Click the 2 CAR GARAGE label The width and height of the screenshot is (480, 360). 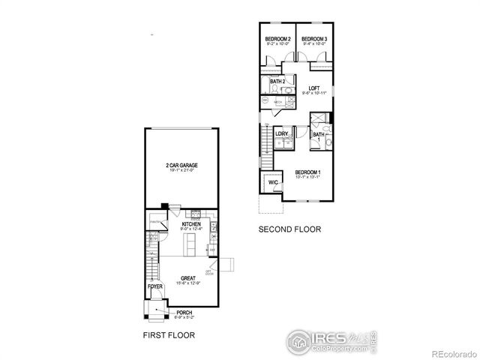(182, 165)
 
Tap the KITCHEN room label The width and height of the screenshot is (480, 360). (192, 224)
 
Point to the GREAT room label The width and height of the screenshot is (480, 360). (187, 277)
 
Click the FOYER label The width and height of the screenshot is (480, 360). (154, 286)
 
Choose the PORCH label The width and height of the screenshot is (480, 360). (184, 313)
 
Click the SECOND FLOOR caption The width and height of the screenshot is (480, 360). (290, 229)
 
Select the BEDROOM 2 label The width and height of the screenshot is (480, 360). (278, 39)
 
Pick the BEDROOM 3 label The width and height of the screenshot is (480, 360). (314, 39)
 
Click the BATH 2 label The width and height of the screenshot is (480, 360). (277, 82)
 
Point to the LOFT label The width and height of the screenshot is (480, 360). (313, 88)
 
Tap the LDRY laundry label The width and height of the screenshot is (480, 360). (281, 133)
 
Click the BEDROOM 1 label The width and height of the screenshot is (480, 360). (308, 172)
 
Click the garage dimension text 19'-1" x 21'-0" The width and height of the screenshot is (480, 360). (182, 171)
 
